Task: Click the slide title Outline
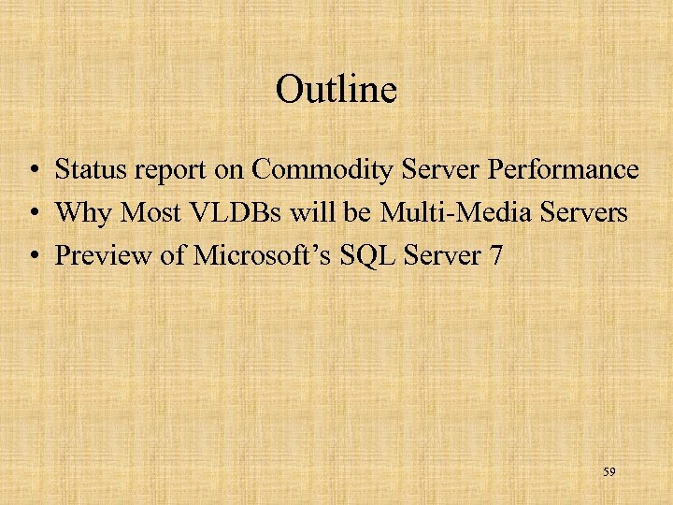tap(336, 90)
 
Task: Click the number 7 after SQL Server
tap(494, 254)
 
